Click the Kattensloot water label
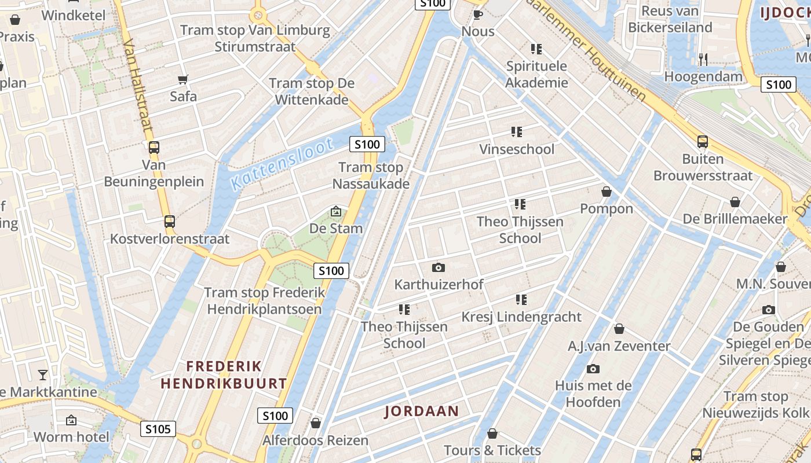click(x=282, y=164)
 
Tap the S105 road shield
click(x=158, y=429)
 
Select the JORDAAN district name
click(x=422, y=411)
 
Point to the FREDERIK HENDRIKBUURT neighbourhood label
click(x=224, y=375)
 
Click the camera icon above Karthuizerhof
click(x=439, y=267)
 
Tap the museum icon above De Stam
click(x=335, y=212)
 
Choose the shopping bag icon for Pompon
click(x=607, y=192)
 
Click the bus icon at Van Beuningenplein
click(x=154, y=148)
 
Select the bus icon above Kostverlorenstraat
click(x=169, y=222)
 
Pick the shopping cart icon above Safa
click(x=183, y=79)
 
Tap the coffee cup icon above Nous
click(x=478, y=14)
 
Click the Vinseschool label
click(x=517, y=149)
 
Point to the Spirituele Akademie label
click(x=536, y=74)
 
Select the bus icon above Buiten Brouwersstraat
click(x=702, y=142)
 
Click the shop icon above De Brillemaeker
click(x=735, y=202)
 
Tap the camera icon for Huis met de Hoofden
click(x=593, y=369)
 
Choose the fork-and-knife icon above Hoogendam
click(x=703, y=58)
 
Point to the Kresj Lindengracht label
click(x=521, y=317)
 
